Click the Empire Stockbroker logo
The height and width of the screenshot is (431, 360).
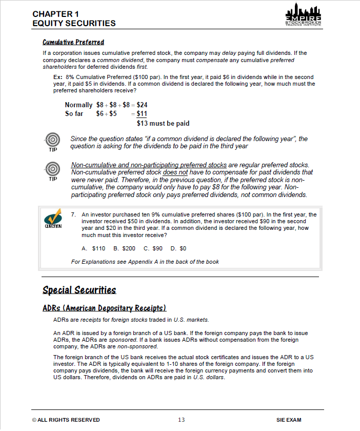[303, 18]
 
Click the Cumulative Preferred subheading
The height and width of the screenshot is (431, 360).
[73, 42]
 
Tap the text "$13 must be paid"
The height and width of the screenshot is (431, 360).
[163, 123]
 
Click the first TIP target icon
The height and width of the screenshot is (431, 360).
[52, 140]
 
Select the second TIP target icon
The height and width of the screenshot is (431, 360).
[52, 169]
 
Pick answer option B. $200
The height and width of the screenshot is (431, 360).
[124, 248]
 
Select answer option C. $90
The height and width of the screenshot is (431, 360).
[153, 248]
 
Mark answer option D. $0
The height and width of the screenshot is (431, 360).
[178, 248]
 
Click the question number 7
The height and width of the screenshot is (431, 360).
[74, 214]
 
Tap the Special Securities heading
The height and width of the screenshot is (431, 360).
[79, 290]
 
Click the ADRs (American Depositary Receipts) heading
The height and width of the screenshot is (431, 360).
[104, 308]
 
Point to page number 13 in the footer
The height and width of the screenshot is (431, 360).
[181, 420]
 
